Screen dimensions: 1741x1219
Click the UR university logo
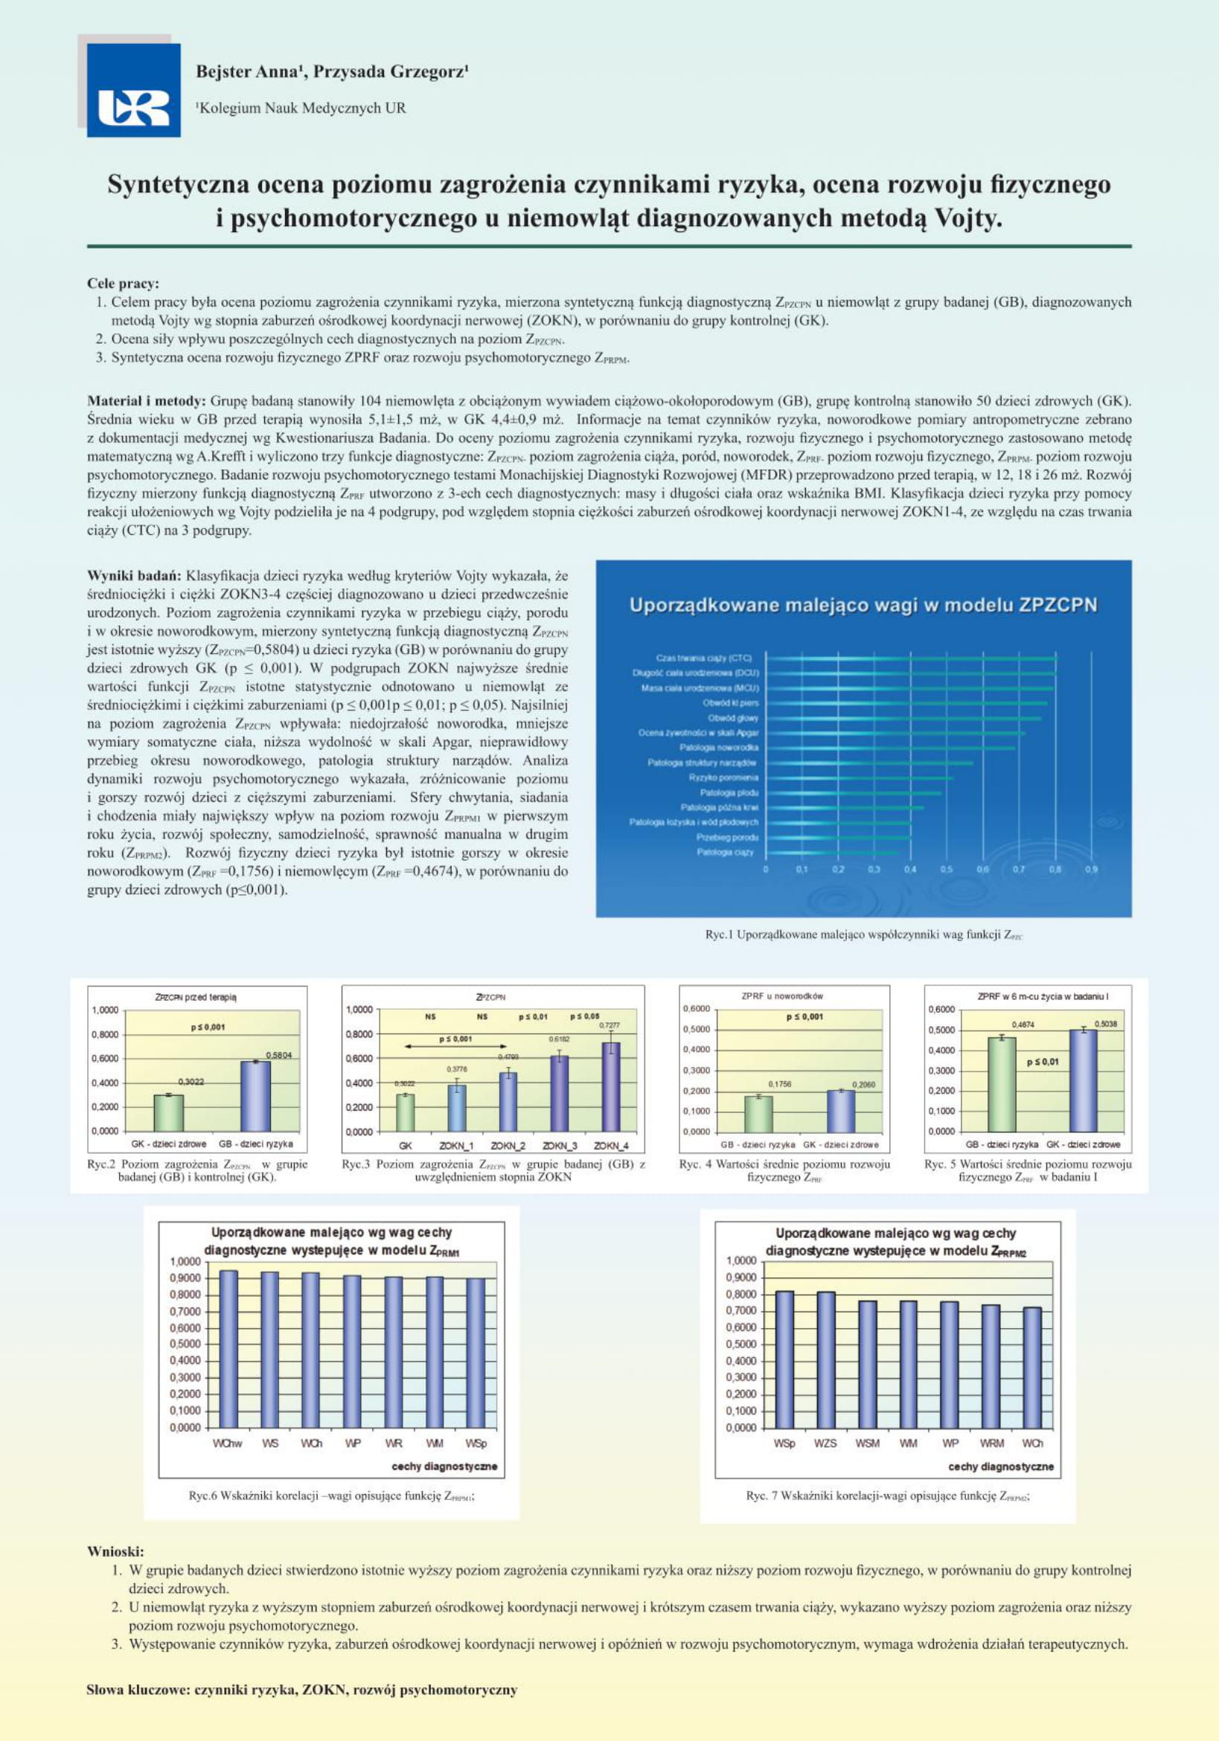tap(133, 90)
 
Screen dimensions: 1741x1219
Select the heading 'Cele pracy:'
tap(123, 283)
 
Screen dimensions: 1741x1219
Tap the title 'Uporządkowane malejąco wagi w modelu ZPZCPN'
tap(863, 604)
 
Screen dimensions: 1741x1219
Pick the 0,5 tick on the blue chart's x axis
tap(946, 869)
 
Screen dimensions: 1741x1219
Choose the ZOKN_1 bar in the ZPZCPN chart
tap(457, 1107)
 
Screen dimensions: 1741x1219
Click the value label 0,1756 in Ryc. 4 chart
tap(779, 1084)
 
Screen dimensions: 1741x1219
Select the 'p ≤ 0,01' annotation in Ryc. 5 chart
tap(1043, 1062)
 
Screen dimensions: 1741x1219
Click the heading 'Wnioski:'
tap(115, 1551)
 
